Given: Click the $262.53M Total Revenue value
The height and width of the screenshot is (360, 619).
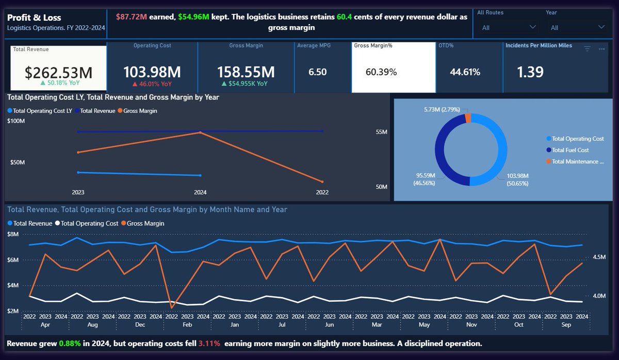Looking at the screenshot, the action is tap(58, 72).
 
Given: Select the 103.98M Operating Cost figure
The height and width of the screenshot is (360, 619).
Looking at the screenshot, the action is tap(152, 72).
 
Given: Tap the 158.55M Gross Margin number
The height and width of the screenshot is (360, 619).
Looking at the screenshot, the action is tap(246, 72).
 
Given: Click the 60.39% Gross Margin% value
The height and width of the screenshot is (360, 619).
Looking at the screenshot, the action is tap(381, 72).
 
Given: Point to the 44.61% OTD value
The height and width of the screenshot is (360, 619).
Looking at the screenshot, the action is tap(465, 72).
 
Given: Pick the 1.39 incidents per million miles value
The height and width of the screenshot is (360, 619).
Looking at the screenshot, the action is tap(530, 72).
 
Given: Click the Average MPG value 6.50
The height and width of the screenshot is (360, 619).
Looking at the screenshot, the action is tap(318, 72).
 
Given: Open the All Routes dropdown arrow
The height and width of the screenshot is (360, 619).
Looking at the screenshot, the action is tap(532, 27).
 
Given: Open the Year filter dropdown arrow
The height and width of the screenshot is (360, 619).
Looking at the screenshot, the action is tap(601, 27).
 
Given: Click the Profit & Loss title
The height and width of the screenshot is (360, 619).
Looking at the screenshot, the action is tap(34, 18).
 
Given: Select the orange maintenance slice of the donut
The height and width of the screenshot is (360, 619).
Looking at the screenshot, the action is tap(468, 118).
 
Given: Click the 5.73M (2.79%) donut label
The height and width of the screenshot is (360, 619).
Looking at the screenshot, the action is tap(442, 109).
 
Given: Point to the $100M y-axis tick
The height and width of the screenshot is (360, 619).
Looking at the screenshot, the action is tap(16, 121).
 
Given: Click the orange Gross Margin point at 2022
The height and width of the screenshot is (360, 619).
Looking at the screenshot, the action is tap(322, 182).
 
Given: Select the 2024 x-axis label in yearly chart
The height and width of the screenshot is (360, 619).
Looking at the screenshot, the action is tap(200, 192).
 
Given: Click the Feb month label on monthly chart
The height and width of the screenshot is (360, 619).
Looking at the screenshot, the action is tap(187, 324).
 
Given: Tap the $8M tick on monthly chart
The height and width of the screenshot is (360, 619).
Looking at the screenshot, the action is tap(13, 234).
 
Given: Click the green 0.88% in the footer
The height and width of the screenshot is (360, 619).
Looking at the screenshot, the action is tap(70, 343).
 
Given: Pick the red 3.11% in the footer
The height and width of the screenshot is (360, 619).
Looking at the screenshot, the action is tap(209, 343).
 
